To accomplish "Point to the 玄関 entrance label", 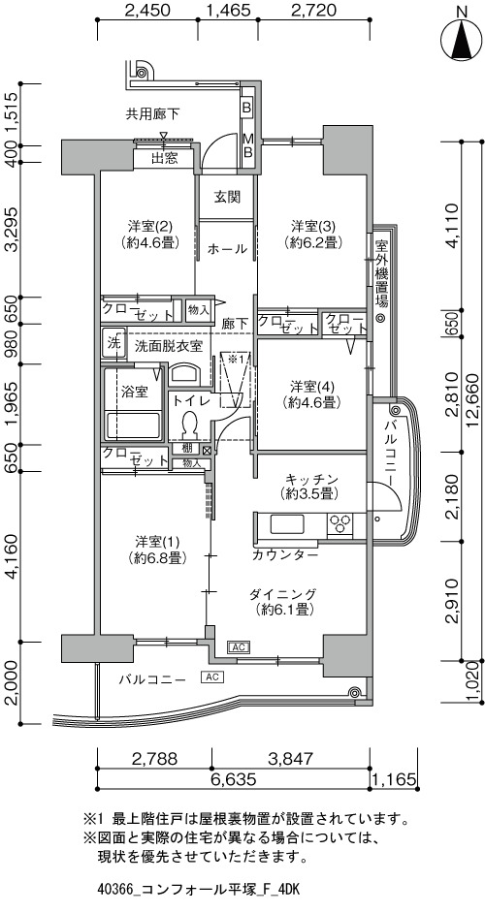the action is click(x=227, y=197).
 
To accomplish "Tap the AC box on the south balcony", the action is click(x=211, y=677).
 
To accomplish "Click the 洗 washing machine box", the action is click(x=113, y=341).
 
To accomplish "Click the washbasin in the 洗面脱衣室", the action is click(x=185, y=373).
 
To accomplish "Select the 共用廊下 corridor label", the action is click(x=153, y=113).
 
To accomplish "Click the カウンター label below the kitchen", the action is click(x=285, y=555).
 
